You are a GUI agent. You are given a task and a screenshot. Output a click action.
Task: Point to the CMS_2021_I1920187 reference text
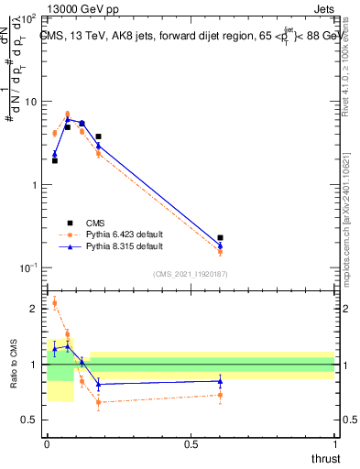[191, 274]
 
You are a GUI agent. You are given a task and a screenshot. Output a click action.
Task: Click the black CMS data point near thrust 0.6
[220, 238]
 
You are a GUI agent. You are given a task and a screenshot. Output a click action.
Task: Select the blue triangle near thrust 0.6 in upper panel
[220, 245]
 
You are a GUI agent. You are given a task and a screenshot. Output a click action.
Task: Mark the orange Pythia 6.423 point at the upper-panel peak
[68, 115]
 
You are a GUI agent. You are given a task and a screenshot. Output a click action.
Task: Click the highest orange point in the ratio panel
[55, 303]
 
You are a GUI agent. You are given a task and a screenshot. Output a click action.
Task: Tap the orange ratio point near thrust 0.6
[220, 396]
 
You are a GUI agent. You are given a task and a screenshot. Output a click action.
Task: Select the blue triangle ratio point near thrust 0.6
[220, 381]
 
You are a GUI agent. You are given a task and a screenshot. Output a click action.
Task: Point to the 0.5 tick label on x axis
[191, 444]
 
